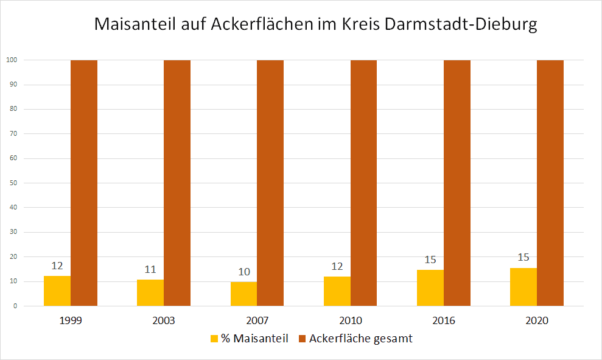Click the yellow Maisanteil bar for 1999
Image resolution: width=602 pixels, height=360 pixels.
[x=57, y=291]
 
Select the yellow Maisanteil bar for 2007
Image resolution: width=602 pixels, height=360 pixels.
[x=243, y=294]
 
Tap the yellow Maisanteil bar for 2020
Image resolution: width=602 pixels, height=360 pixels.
[x=523, y=287]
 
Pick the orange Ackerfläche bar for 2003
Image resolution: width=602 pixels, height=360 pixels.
[x=177, y=183]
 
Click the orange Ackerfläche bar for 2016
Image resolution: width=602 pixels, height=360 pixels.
[x=457, y=183]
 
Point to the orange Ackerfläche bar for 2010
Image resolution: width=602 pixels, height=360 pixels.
[x=363, y=183]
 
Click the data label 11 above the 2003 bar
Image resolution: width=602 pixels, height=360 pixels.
[x=150, y=269]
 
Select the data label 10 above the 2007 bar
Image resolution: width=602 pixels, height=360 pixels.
[x=243, y=272]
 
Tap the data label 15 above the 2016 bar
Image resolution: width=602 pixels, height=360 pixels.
[x=430, y=259]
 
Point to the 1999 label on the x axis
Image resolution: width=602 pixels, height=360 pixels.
[x=71, y=320]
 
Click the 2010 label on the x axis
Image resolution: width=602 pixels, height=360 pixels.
[x=351, y=320]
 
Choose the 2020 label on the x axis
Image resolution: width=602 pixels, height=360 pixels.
[x=537, y=320]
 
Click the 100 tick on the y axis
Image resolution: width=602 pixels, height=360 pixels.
[x=10, y=60]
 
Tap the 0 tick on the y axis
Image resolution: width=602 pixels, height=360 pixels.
[x=14, y=306]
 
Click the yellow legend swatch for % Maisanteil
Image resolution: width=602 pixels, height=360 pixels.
[x=214, y=339]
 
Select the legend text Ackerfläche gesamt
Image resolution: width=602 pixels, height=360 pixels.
[x=360, y=339]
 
